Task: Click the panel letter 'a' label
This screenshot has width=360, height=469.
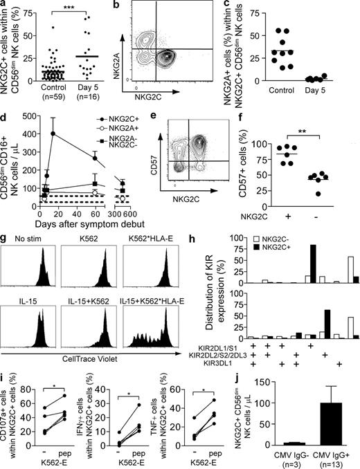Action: coord(5,6)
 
